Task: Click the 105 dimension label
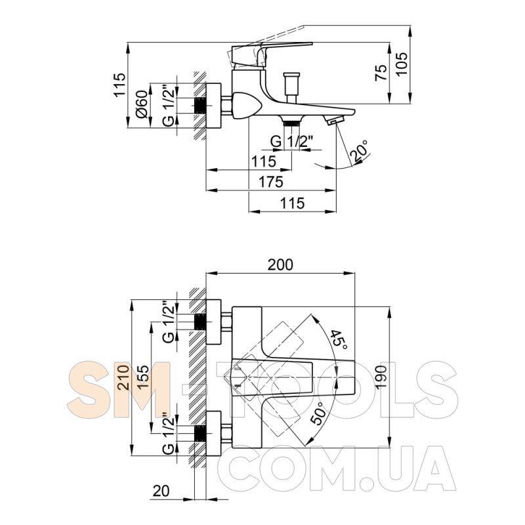coord(402,64)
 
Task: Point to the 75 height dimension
coord(381,72)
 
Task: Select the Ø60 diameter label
coord(142,104)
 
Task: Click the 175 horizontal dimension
coord(271,182)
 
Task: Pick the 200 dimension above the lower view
coord(280,264)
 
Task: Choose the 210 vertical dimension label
coord(123,377)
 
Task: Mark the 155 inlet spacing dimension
coord(142,377)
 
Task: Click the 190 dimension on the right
coord(381,377)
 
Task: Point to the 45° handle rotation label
coord(339,340)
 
